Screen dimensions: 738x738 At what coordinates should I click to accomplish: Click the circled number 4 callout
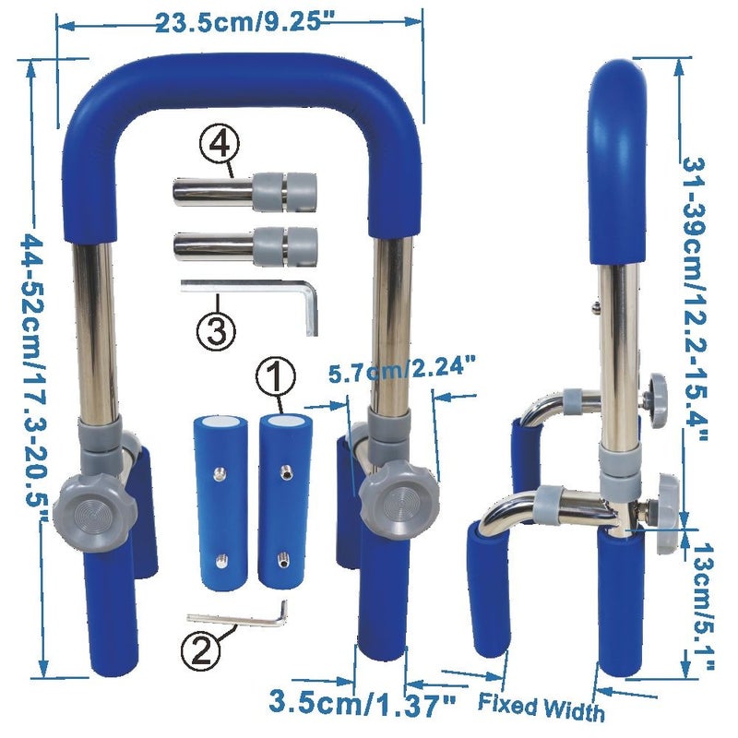220,145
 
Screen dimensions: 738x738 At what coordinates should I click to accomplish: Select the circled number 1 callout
276,376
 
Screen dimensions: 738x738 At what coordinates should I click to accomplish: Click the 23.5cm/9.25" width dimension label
244,22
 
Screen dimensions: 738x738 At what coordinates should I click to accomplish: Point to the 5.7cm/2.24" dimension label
402,371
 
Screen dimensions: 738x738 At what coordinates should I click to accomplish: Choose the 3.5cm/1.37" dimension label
363,704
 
